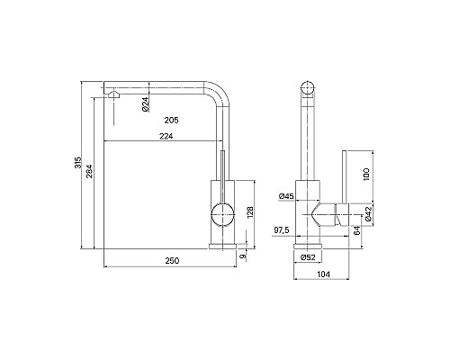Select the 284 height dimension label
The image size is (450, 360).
pyautogui.click(x=90, y=171)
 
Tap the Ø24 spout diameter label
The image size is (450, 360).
pyautogui.click(x=145, y=104)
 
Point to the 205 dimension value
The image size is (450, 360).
pyautogui.click(x=171, y=121)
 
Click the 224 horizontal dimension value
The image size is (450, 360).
pyautogui.click(x=166, y=136)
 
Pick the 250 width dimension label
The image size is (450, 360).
pyautogui.click(x=172, y=261)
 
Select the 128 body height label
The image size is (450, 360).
pyautogui.click(x=250, y=211)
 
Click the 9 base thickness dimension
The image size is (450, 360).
pyautogui.click(x=244, y=256)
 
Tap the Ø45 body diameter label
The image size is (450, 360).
pyautogui.click(x=286, y=196)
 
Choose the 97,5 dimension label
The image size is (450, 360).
pyautogui.click(x=282, y=230)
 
